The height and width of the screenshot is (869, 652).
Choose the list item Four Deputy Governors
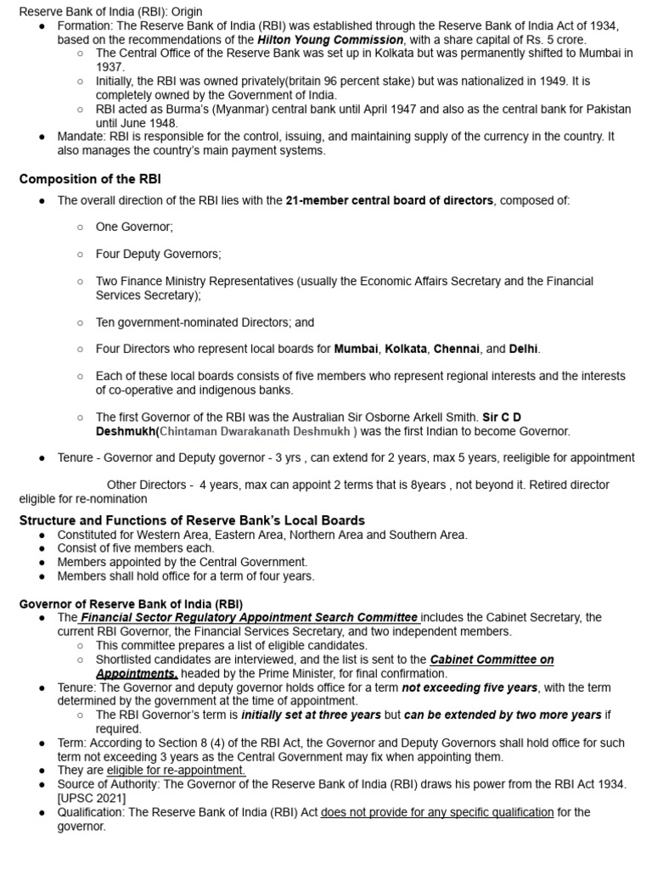pos(158,254)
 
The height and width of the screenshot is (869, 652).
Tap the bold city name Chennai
pos(457,349)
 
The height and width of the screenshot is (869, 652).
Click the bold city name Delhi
pos(523,349)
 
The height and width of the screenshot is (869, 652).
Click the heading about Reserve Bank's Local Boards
pos(192,519)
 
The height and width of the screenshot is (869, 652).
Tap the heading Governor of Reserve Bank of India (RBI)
pos(131,603)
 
